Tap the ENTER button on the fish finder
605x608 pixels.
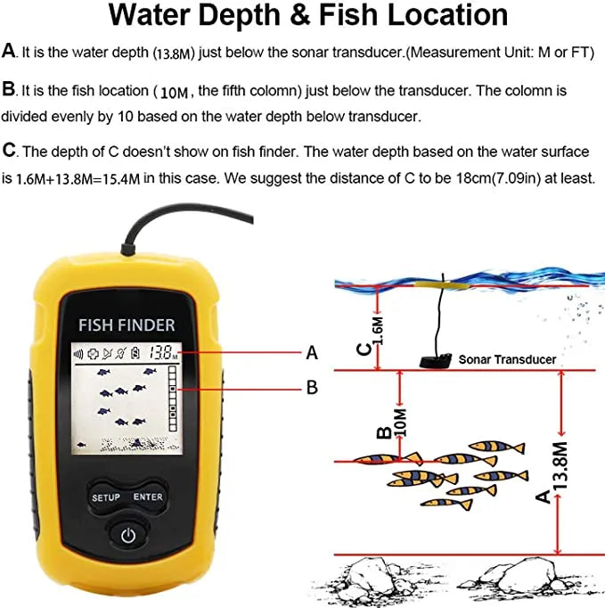(148, 497)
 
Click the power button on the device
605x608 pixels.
(128, 536)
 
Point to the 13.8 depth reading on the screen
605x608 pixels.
(160, 353)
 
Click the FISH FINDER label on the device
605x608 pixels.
(127, 325)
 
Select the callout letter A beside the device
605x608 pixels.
(312, 353)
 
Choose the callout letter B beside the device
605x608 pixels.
(312, 387)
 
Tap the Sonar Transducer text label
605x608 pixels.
(507, 359)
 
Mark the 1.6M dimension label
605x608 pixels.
(379, 331)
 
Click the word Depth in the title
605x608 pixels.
(239, 15)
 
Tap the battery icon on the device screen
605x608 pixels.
(135, 353)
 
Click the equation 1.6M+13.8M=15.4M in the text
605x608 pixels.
(78, 179)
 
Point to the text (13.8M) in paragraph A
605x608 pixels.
(174, 53)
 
